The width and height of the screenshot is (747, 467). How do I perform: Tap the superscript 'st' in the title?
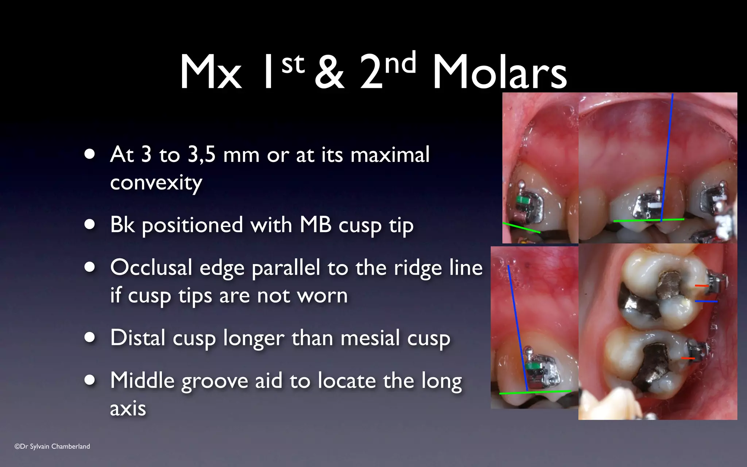click(293, 64)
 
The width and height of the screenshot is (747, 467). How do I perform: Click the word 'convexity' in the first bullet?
click(156, 182)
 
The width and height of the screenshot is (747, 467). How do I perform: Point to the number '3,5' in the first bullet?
click(201, 154)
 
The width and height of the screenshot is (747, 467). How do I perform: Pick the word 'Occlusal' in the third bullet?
click(151, 267)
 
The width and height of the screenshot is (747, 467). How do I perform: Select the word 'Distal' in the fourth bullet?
click(138, 337)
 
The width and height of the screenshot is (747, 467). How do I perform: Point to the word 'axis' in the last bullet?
click(128, 408)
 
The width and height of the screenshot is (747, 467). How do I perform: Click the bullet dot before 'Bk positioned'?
click(89, 224)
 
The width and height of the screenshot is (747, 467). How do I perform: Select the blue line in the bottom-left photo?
click(518, 328)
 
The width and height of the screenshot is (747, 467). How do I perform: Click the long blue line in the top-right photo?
click(667, 157)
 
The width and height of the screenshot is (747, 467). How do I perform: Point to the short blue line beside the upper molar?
click(706, 301)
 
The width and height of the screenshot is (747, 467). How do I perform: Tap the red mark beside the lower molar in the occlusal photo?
click(688, 358)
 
